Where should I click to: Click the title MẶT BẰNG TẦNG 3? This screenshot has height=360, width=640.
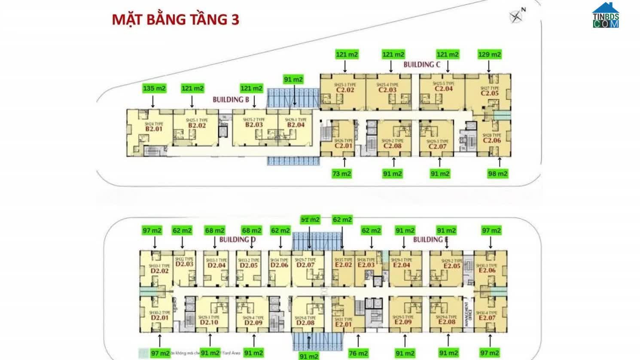(175, 20)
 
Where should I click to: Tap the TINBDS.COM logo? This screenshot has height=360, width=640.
(606, 16)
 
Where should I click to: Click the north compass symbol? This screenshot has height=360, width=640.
(516, 16)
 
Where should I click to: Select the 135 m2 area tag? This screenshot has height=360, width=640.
(154, 88)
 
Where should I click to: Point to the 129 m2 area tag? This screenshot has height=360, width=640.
(490, 55)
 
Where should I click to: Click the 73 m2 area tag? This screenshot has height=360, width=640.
(341, 174)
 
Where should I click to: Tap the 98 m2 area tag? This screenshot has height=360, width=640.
(497, 174)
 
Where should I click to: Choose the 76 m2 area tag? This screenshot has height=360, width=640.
(358, 353)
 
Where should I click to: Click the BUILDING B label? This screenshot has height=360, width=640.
(231, 100)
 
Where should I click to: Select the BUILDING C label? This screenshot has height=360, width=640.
(422, 65)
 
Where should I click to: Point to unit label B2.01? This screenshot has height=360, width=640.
(154, 129)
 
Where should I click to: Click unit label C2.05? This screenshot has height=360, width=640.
(490, 93)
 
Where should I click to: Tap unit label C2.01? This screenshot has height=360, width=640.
(344, 146)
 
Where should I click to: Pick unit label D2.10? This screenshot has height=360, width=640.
(209, 322)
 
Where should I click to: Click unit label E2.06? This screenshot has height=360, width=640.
(487, 270)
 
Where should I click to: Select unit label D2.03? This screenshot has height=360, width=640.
(184, 264)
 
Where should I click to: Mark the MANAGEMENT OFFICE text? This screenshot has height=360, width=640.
(468, 314)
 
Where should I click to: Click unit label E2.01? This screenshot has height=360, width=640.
(343, 324)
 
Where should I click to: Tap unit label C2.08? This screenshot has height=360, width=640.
(393, 146)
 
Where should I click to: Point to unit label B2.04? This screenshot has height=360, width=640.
(296, 125)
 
